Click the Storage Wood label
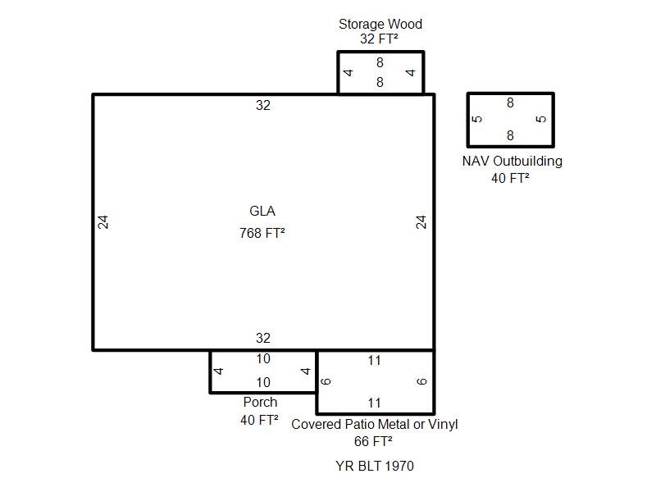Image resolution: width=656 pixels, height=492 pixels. tap(380, 25)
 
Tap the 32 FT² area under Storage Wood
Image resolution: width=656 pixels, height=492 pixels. tap(379, 39)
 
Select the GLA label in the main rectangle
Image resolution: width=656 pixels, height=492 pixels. tap(262, 211)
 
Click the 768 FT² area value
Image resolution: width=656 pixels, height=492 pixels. tap(262, 233)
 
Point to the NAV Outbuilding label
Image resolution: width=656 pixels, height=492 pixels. tap(512, 161)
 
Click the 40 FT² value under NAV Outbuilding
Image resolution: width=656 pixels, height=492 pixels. tap(510, 178)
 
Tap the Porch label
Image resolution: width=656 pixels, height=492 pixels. tap(260, 402)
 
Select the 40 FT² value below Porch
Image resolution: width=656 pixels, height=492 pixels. tap(259, 420)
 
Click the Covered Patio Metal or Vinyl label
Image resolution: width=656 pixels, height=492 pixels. tap(375, 424)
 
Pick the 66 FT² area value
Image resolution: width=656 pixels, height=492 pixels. tap(373, 441)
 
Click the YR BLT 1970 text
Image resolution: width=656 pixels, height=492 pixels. tap(375, 466)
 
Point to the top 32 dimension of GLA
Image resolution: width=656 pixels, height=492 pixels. tap(263, 106)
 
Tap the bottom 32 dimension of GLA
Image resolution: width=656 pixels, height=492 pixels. tap(263, 338)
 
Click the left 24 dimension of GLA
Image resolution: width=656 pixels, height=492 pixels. tap(103, 222)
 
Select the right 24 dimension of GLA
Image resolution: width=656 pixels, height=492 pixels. tap(421, 222)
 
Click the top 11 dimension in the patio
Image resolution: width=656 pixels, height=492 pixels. tap(374, 361)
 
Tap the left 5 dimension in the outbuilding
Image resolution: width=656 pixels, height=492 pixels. tap(477, 119)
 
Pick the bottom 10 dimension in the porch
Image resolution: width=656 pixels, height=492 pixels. tap(263, 382)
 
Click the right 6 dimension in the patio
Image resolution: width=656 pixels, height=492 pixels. tap(421, 381)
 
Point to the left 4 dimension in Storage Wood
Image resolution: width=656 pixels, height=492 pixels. tap(348, 73)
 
